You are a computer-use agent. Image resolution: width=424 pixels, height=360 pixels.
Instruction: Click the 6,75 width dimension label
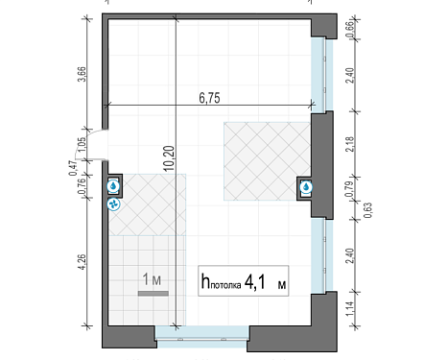(209, 98)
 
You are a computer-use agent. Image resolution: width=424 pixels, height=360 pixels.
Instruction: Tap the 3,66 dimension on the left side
(82, 74)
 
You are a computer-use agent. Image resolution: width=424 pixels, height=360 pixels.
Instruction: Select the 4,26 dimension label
(82, 261)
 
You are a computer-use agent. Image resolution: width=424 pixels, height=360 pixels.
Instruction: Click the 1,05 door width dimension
(82, 144)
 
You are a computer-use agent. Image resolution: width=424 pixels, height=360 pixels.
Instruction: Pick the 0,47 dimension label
(73, 168)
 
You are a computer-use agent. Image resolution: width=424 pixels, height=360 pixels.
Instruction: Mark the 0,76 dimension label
(82, 186)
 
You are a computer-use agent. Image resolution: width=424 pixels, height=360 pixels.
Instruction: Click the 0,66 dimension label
(350, 29)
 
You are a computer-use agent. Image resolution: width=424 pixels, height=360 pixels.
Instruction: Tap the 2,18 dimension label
(350, 144)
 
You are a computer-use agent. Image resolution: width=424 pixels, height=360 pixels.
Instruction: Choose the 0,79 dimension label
(350, 189)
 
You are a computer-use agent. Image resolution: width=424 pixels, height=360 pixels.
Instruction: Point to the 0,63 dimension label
(368, 210)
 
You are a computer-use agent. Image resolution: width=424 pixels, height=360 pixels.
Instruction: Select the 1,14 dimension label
(350, 309)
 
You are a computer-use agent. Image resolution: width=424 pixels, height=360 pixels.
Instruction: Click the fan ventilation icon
(113, 204)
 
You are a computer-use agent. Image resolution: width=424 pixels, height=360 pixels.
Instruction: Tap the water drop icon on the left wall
(113, 186)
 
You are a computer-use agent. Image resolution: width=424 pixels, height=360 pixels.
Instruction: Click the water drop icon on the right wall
(306, 187)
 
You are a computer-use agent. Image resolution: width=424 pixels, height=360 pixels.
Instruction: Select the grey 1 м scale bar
(153, 294)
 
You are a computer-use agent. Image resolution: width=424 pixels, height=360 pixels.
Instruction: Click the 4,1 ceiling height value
(255, 282)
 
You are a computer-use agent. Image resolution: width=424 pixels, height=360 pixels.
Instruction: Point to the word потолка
(225, 285)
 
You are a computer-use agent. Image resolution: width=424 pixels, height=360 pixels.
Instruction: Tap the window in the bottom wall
(201, 337)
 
